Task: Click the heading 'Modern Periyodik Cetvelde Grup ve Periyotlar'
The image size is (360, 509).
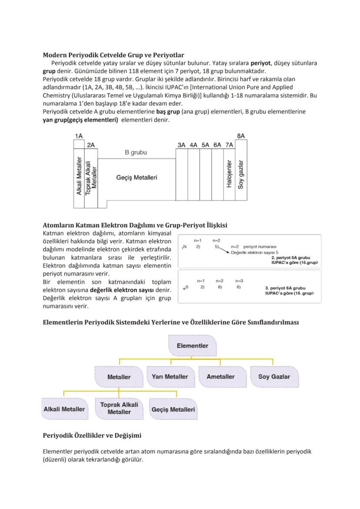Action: click(x=113, y=55)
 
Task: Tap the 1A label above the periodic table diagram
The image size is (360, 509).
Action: click(x=79, y=136)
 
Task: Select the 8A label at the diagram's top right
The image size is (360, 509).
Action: click(x=240, y=136)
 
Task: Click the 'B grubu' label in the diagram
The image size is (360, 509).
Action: click(x=136, y=153)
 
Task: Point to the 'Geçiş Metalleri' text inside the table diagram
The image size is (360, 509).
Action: click(x=137, y=177)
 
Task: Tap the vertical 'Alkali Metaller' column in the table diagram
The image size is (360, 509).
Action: click(x=79, y=176)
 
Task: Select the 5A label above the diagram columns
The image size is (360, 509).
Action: click(x=205, y=145)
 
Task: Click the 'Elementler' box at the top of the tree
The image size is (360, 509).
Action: click(x=192, y=346)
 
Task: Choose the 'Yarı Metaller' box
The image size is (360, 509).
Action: click(x=170, y=376)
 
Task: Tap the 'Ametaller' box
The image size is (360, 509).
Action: click(x=220, y=376)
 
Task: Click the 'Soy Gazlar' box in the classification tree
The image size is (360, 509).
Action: click(x=274, y=376)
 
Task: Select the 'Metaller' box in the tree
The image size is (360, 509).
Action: click(x=119, y=377)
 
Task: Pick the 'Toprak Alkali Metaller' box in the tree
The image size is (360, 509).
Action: click(x=119, y=408)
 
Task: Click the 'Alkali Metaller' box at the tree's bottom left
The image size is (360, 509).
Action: click(x=64, y=409)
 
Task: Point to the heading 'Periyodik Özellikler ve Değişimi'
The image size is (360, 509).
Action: click(x=92, y=435)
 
